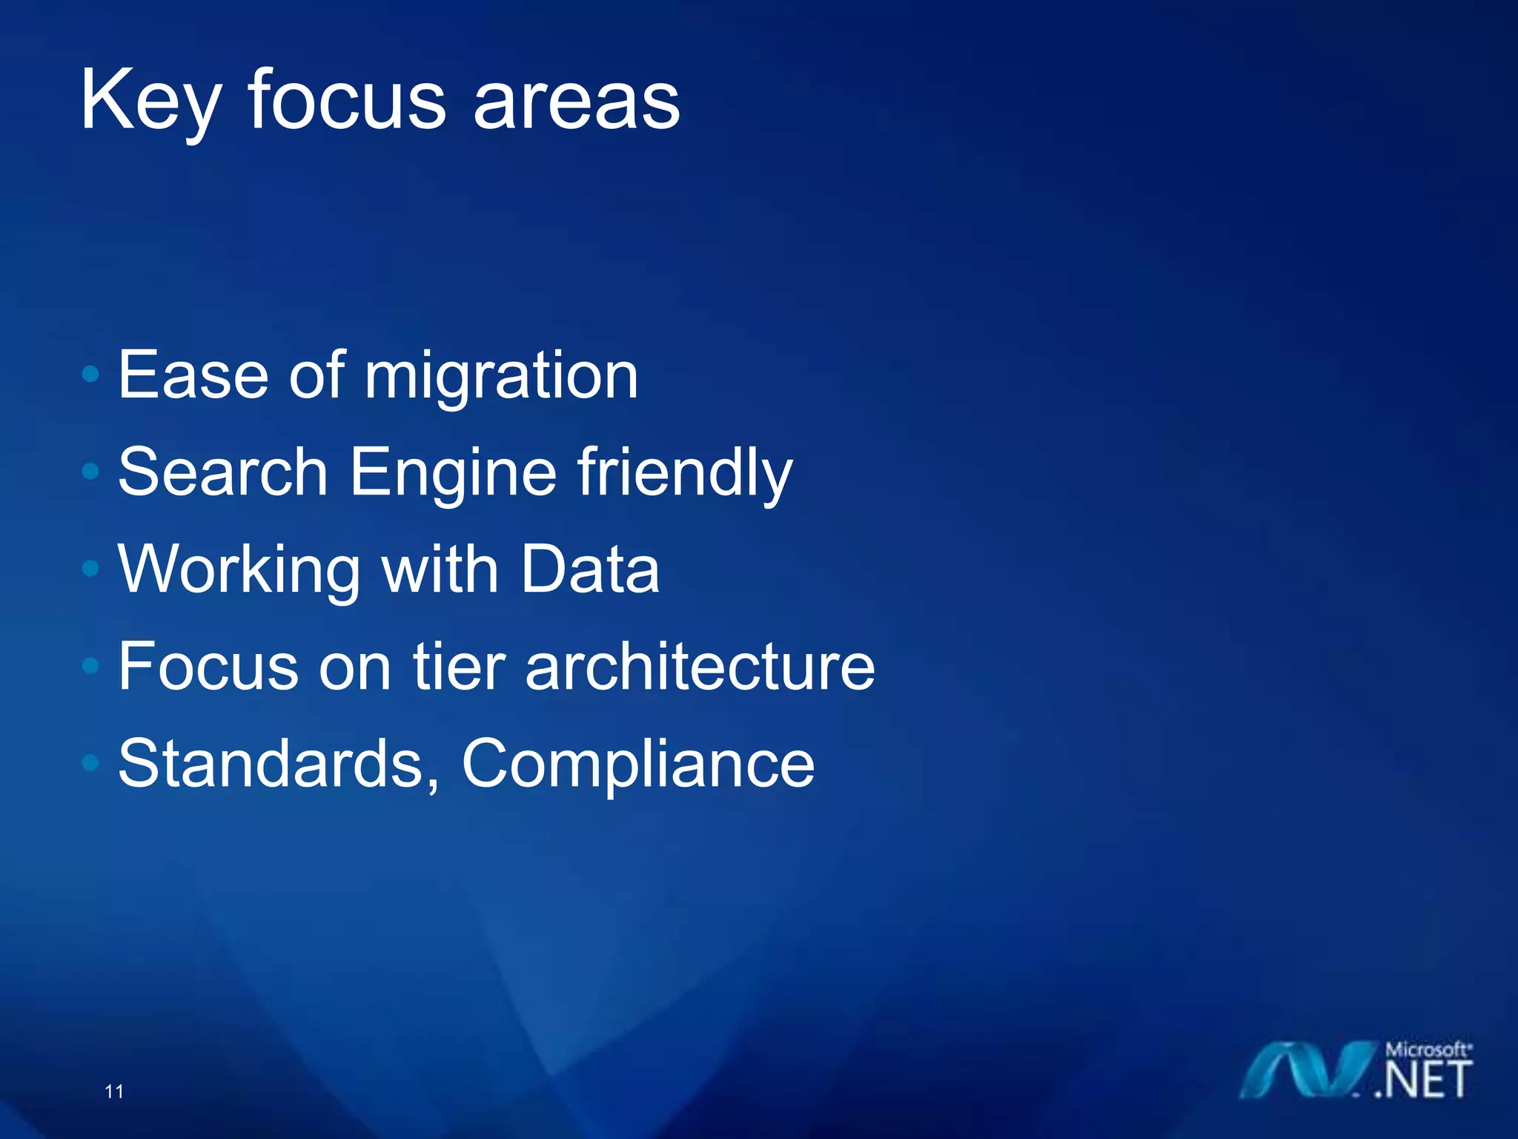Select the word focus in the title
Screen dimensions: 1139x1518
click(346, 100)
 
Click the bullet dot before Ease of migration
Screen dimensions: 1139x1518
click(90, 374)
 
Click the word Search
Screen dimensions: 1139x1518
click(222, 472)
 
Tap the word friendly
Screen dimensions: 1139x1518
click(684, 473)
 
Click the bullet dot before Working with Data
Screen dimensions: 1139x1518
click(90, 569)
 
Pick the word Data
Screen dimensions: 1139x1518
click(589, 569)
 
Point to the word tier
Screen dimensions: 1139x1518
click(458, 666)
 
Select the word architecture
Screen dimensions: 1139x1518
click(700, 666)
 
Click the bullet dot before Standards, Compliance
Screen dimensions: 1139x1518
click(90, 763)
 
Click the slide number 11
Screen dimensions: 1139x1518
click(114, 1091)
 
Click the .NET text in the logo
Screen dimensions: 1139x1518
click(1423, 1080)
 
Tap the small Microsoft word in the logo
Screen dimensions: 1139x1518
click(1427, 1049)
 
